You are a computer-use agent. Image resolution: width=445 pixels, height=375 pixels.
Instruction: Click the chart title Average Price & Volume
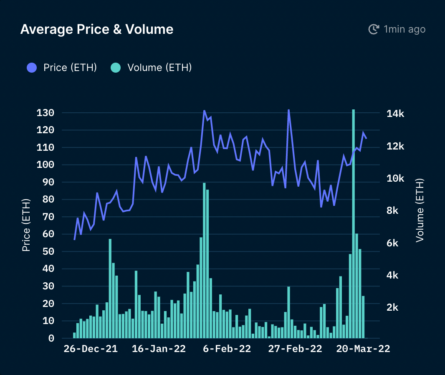96,29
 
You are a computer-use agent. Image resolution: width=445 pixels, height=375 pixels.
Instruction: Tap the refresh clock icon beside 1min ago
373,29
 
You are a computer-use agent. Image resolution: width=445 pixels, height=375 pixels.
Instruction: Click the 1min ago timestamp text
405,29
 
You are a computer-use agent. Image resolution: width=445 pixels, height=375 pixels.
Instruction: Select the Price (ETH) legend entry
70,67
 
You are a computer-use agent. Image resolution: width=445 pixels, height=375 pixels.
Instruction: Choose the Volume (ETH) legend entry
159,67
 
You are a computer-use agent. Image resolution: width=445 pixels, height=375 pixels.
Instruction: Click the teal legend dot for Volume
116,67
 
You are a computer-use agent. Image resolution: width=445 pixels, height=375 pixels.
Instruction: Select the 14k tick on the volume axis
395,114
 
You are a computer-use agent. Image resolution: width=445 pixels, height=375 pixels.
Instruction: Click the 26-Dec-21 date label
91,349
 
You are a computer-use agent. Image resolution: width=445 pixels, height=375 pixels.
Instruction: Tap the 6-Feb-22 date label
227,349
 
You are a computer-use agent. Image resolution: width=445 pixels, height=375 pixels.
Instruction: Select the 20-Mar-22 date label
363,349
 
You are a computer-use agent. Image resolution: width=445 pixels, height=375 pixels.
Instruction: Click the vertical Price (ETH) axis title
26,226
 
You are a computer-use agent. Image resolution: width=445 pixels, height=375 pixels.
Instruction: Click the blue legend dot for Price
32,67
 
